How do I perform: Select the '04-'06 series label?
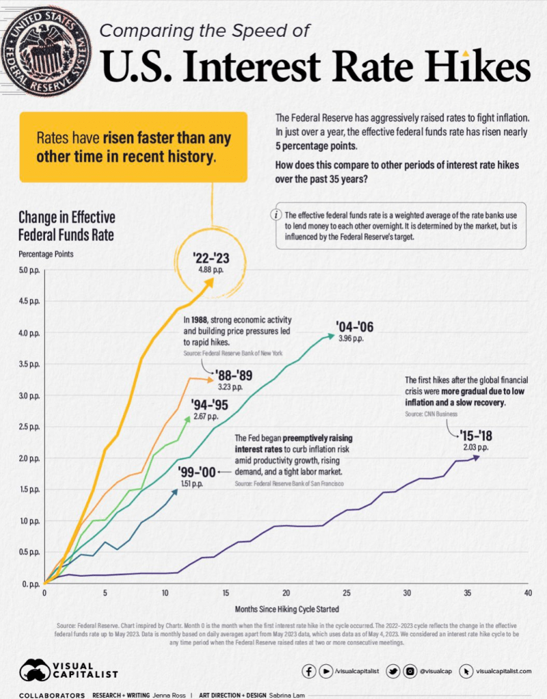(x=354, y=326)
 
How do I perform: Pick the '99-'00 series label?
(x=198, y=472)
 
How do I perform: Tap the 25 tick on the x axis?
(x=347, y=593)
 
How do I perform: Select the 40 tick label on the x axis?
(x=528, y=593)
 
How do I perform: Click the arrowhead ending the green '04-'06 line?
(x=332, y=335)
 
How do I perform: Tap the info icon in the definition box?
(x=277, y=214)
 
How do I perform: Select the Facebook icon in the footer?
(x=309, y=672)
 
